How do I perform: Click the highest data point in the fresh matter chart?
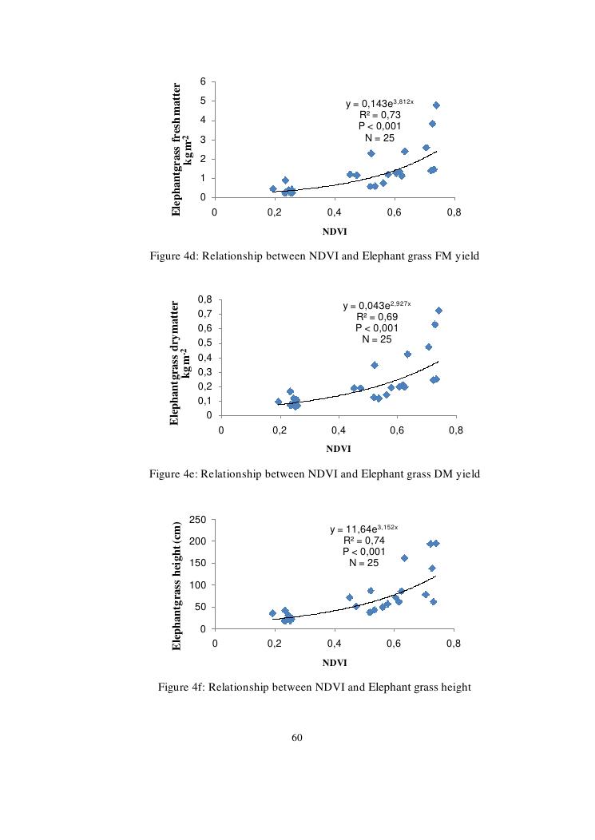point(436,105)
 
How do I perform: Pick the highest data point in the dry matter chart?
point(438,311)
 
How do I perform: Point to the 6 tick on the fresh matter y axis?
point(204,82)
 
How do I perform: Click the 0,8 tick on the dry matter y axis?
point(204,299)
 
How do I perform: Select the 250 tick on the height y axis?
point(200,520)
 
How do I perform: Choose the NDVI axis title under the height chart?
point(335,663)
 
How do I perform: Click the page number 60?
point(297,738)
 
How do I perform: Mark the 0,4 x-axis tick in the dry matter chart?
point(339,430)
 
